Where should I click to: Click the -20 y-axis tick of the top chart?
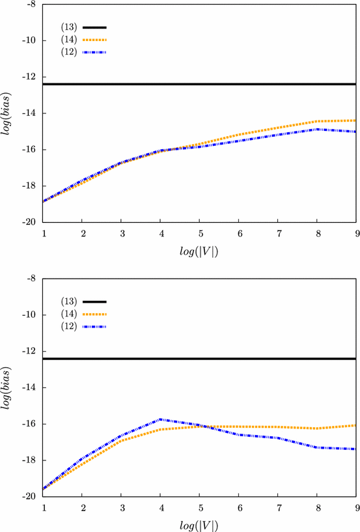coord(29,222)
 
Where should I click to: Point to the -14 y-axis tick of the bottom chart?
coord(29,387)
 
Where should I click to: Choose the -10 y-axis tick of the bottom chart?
coord(29,315)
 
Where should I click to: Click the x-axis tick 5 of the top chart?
coord(200,232)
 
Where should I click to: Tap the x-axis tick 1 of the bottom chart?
coord(44,507)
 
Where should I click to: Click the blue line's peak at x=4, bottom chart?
coord(160,419)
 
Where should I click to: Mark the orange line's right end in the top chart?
coord(355,120)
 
